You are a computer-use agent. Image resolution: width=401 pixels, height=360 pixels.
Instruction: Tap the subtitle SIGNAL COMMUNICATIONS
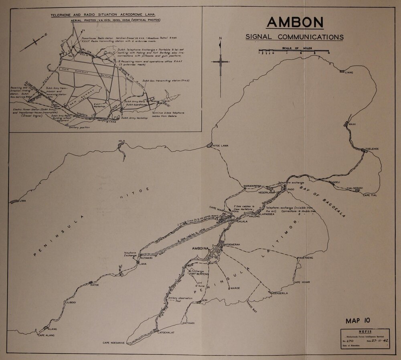coord(294,37)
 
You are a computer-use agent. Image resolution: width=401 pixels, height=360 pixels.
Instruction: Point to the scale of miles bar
coord(294,53)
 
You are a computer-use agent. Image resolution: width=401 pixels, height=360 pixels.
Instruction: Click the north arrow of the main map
coord(220,62)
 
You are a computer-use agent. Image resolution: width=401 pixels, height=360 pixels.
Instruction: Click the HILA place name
coord(122,141)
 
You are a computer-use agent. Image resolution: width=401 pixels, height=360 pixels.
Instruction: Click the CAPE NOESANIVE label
coord(114,343)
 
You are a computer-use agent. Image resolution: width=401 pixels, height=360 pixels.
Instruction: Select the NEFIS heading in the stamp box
coord(365,332)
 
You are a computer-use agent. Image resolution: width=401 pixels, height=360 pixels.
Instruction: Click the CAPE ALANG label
coord(46,335)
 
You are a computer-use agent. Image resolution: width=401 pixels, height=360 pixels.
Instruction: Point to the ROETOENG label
coord(305,258)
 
